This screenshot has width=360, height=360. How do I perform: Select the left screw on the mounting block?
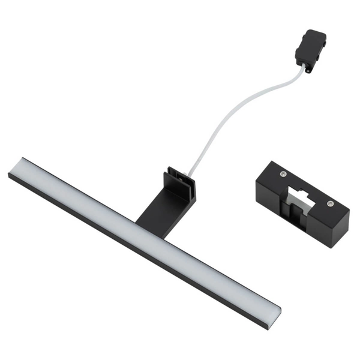pyautogui.click(x=283, y=174)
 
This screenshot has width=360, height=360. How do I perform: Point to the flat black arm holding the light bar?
pyautogui.click(x=157, y=207)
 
